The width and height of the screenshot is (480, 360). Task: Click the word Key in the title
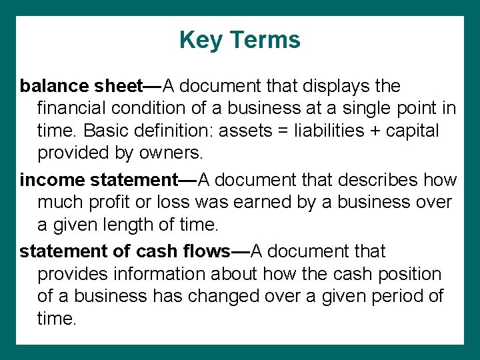[196, 40]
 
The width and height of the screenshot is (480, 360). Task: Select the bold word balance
[55, 86]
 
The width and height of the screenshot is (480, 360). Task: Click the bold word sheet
[119, 86]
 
